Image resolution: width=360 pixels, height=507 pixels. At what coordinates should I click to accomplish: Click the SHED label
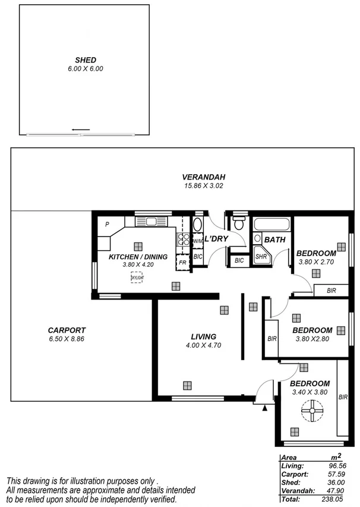click(x=86, y=60)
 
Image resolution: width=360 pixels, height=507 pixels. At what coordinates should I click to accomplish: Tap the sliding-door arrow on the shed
click(x=80, y=129)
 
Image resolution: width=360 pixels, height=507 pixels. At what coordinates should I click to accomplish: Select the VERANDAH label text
click(x=195, y=177)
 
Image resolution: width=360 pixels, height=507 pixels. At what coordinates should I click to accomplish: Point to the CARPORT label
click(x=67, y=330)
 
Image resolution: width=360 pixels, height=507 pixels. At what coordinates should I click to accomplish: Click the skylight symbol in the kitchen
click(x=136, y=277)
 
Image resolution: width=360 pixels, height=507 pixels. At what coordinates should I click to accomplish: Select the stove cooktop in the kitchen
click(x=183, y=240)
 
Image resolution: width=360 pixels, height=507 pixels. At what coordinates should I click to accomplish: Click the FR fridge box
click(x=183, y=262)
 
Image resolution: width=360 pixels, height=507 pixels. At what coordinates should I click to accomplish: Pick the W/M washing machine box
click(x=198, y=241)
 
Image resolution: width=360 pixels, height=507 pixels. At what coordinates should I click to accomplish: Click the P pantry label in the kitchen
click(x=107, y=225)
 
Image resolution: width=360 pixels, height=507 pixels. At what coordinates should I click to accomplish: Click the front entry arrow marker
click(x=265, y=408)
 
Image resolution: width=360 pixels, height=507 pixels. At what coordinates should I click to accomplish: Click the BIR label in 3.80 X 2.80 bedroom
click(x=272, y=339)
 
